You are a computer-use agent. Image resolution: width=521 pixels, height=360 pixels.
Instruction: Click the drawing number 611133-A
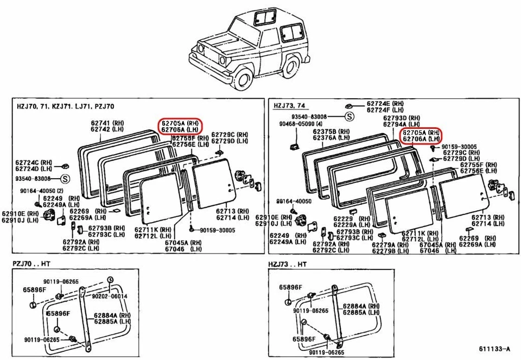[494, 349]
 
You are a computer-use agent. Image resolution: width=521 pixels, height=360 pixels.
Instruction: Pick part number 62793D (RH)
[402, 117]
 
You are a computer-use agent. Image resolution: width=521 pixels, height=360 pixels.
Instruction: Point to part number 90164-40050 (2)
[39, 191]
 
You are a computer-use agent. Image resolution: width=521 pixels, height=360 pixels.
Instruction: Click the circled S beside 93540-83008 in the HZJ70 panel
[65, 179]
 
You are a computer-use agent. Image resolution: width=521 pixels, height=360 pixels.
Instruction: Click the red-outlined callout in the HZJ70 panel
[180, 127]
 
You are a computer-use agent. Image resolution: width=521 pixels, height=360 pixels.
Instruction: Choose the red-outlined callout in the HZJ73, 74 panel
[420, 135]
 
